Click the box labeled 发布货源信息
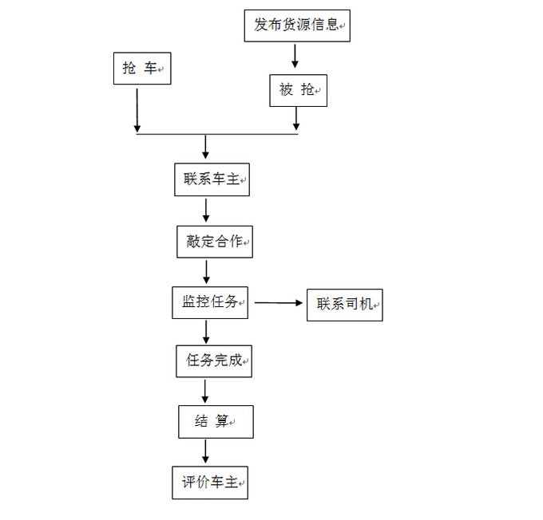pos(297,26)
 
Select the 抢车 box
pos(142,68)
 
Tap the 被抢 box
pos(298,90)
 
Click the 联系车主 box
pos(212,179)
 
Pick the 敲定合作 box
pos(215,242)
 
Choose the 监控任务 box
pos(210,303)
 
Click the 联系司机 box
pos(345,305)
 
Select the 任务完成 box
pos(214,361)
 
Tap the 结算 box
pos(216,422)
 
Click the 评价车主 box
pos(210,483)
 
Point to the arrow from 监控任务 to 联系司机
pos(279,303)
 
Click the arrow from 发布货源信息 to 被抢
pos(295,56)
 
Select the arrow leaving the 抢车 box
pos(137,110)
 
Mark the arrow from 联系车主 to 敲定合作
pos(206,211)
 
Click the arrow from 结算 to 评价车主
pos(205,451)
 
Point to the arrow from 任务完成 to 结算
pos(205,392)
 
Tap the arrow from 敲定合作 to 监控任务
pos(206,272)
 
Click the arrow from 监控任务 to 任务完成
pos(206,332)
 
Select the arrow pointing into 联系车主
pos(206,147)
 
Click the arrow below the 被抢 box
pos(296,119)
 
